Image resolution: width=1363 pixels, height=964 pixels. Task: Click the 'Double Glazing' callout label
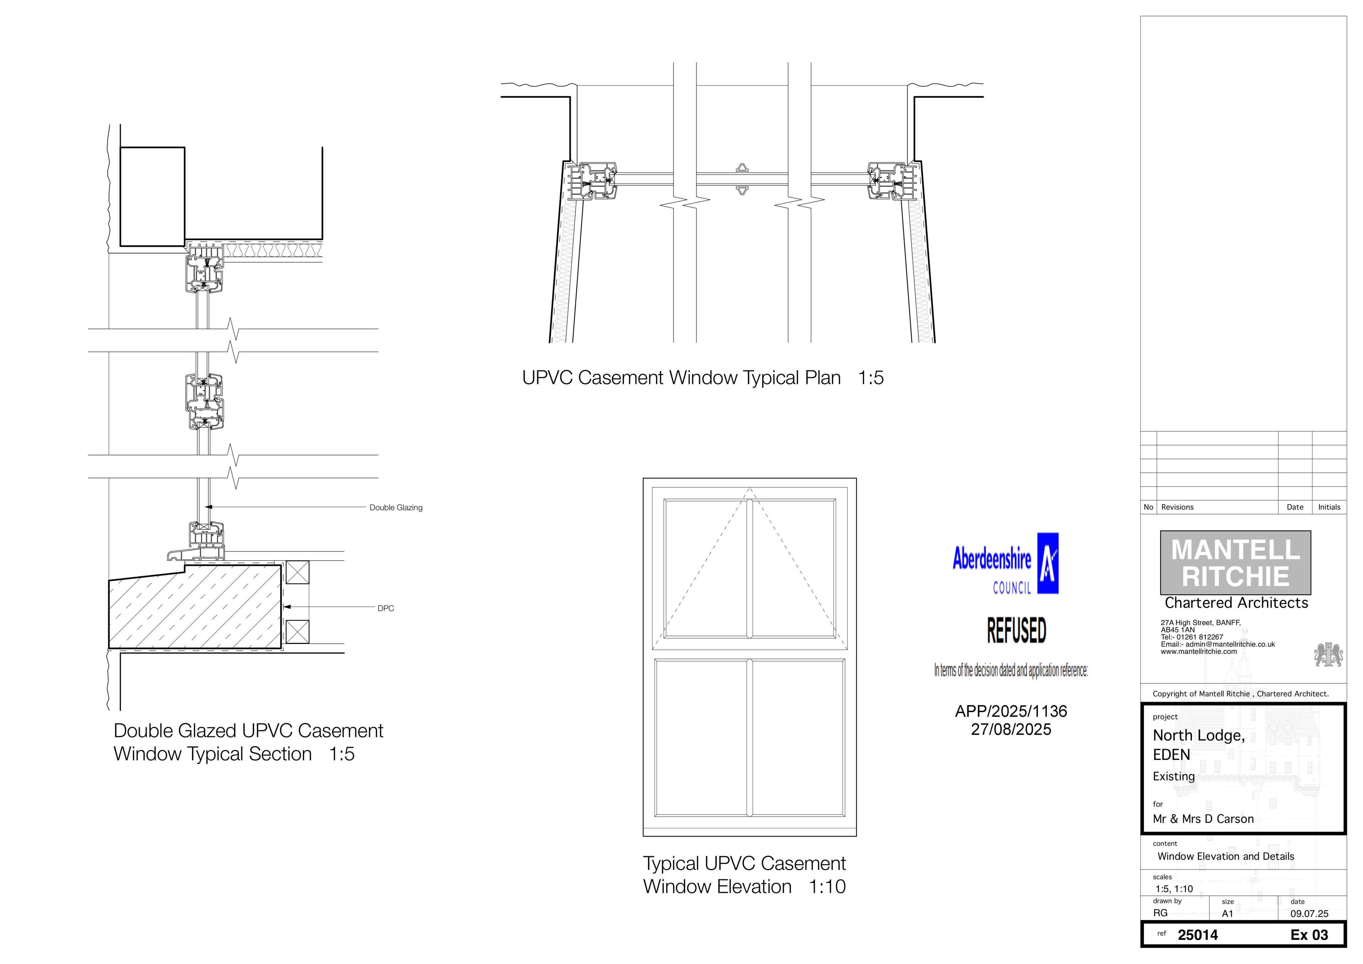tap(396, 507)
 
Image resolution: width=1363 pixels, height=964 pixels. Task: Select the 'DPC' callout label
tap(386, 608)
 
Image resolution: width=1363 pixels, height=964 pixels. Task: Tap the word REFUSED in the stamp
tap(1016, 630)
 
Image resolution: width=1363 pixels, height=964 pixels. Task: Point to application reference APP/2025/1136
tap(1011, 711)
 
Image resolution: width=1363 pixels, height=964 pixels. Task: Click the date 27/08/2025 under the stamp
tap(1011, 729)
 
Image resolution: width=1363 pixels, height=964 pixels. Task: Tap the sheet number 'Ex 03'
tap(1309, 935)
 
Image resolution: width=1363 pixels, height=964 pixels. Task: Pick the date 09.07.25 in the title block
tap(1309, 914)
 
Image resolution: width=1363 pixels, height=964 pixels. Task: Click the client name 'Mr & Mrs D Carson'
tap(1203, 819)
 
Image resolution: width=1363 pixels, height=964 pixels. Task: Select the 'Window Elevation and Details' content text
tap(1226, 857)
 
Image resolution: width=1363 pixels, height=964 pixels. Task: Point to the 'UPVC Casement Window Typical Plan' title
tap(681, 378)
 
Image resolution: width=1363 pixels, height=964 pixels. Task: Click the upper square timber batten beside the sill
tap(297, 572)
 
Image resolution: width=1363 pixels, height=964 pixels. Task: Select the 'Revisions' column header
tap(1177, 507)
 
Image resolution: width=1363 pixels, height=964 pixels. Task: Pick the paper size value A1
tap(1228, 914)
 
